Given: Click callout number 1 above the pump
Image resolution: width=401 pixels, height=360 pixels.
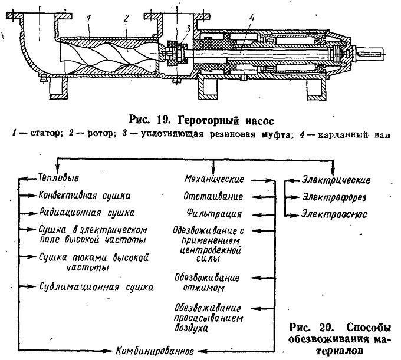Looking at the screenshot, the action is coord(88,19).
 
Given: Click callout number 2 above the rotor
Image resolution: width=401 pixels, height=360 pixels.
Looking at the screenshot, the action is coord(126,19).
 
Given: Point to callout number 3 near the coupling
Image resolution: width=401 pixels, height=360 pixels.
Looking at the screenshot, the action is coord(188,29).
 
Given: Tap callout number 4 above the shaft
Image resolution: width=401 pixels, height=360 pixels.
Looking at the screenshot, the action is coord(252,18).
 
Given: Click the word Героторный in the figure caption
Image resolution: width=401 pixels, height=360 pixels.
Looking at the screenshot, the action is coord(208,120).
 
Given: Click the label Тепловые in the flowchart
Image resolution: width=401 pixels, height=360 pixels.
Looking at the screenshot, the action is coord(58,177).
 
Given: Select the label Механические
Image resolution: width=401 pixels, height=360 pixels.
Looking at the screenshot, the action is coord(214,179).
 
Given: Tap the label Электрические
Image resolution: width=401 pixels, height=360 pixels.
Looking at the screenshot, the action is coord(336,180).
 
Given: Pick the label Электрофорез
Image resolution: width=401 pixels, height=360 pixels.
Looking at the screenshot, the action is coord(334,197).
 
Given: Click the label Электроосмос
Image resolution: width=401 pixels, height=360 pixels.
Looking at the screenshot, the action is coord(334,214).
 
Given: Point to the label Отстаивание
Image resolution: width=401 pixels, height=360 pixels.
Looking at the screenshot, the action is coord(213,196).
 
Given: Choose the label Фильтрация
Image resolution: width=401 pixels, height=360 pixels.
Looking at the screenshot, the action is coord(214,214).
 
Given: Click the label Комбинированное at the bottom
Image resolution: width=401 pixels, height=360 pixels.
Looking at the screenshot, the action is coord(155,351).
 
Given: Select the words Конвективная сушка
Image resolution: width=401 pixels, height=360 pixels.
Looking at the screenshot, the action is coord(84,196).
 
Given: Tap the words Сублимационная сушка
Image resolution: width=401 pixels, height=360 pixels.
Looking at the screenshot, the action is coord(96,287).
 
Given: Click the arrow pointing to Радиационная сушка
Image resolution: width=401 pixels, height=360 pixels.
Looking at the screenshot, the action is coord(27,213).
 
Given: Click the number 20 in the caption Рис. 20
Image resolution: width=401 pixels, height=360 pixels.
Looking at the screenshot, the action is coord(326,327).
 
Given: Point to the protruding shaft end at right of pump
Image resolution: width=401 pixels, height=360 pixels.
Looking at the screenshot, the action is coord(370,54).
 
